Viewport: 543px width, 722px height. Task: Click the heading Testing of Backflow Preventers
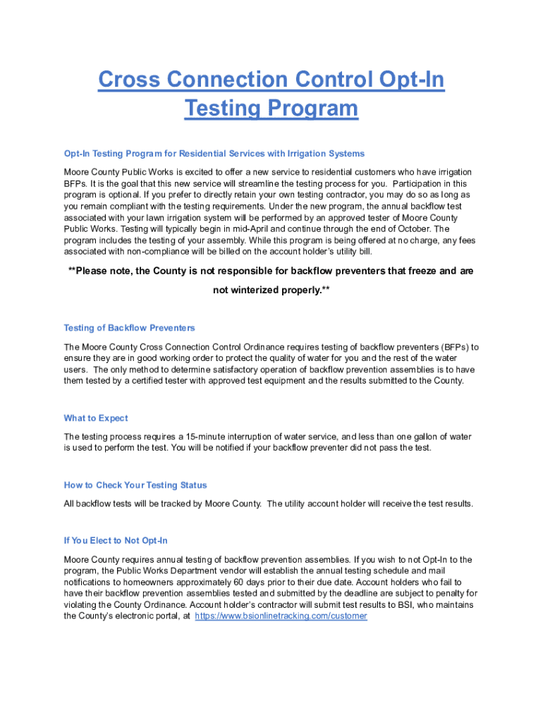(x=129, y=328)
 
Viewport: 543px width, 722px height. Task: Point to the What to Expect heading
(x=96, y=418)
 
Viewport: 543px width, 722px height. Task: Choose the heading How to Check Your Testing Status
(x=135, y=485)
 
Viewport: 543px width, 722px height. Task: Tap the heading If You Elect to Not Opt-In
(x=116, y=541)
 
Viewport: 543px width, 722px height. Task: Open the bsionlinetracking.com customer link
(x=281, y=616)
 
